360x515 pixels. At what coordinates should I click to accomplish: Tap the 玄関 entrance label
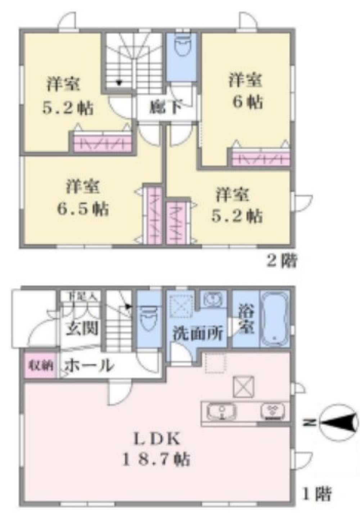click(x=82, y=328)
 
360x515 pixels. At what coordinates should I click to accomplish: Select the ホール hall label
click(x=89, y=366)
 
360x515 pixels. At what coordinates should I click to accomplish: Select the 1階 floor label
click(x=317, y=493)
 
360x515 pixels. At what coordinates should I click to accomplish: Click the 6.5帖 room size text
click(x=82, y=209)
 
